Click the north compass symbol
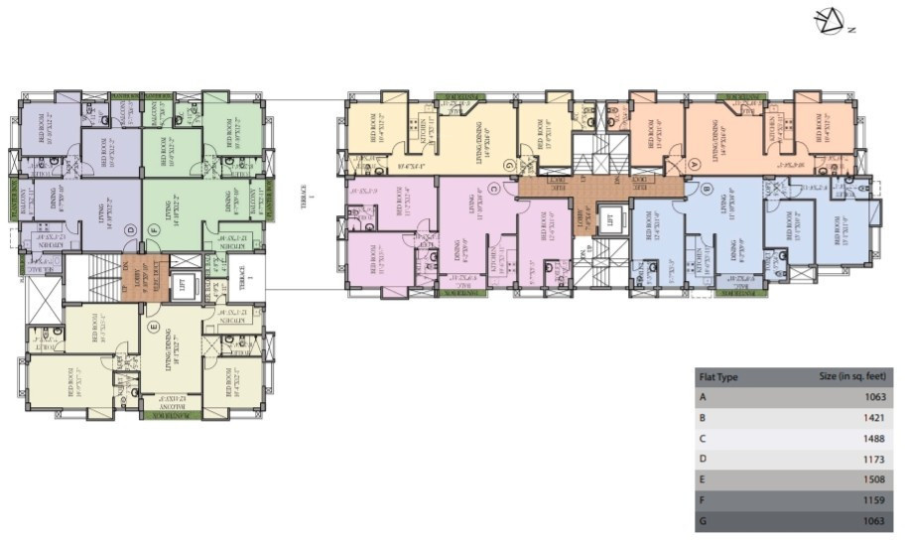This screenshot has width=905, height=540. [x=829, y=21]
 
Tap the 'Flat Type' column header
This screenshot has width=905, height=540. [x=719, y=377]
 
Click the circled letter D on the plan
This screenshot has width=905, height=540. [x=130, y=230]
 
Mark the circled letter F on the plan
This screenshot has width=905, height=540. [x=154, y=230]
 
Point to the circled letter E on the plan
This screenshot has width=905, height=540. [x=153, y=325]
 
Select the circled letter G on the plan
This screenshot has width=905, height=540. [x=508, y=164]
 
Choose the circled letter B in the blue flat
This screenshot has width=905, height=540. [x=707, y=188]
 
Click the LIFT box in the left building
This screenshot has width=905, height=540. [x=182, y=283]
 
